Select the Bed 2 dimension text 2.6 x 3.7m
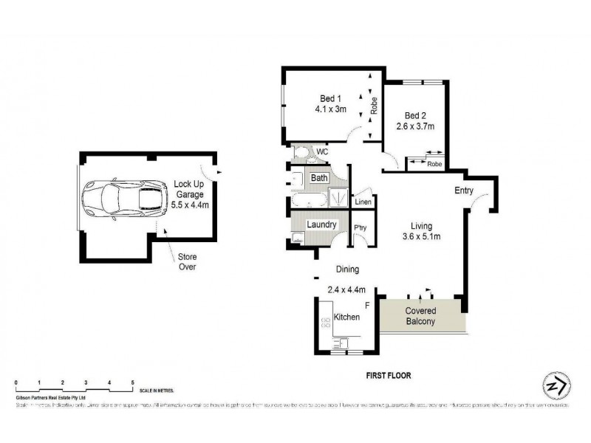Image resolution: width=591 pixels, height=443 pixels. (414, 126)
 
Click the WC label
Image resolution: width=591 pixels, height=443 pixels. (322, 152)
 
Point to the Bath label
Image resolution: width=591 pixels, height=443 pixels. (319, 178)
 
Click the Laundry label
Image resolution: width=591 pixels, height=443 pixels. (323, 224)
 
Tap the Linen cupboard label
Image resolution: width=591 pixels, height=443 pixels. (363, 202)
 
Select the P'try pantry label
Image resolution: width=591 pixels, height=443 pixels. (361, 227)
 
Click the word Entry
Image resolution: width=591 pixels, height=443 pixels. (464, 190)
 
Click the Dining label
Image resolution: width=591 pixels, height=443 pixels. (347, 270)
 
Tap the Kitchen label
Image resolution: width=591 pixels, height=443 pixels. (346, 317)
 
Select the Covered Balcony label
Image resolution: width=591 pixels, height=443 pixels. (420, 316)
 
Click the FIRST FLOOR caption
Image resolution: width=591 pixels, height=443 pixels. (389, 375)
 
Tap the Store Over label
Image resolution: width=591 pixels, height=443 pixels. (186, 262)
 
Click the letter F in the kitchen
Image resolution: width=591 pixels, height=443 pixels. (366, 305)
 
